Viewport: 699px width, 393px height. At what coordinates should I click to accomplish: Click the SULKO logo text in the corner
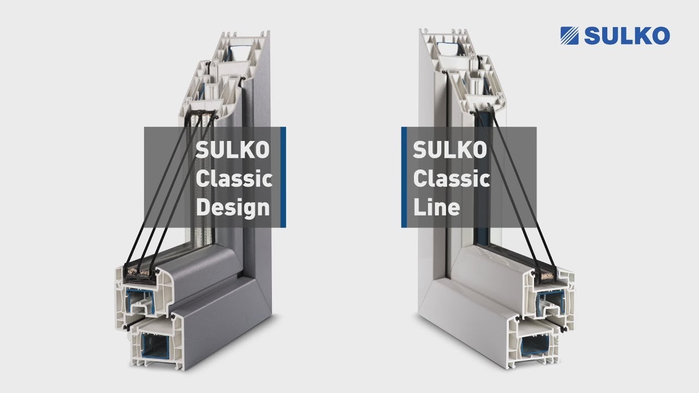point(627,35)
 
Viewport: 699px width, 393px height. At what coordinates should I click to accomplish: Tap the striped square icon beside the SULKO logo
point(570,35)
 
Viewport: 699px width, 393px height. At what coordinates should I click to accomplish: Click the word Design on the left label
point(233,208)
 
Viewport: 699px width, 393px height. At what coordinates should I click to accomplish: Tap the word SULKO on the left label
point(233,150)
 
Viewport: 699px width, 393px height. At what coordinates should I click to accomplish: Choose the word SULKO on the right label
point(449,150)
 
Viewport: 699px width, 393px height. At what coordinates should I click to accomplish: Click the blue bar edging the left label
point(283,177)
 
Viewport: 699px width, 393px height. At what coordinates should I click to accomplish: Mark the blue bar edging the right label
point(404,177)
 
